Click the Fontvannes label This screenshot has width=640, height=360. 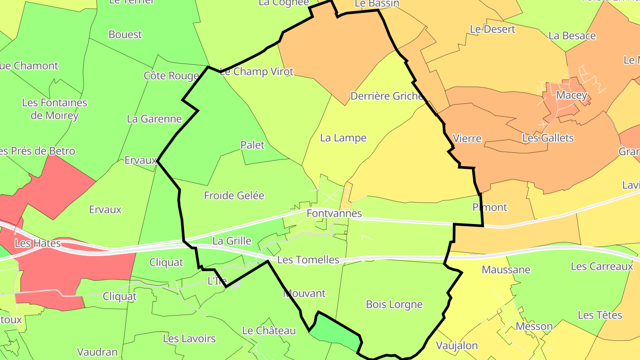click(x=334, y=213)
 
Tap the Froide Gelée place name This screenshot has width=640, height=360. click(x=234, y=196)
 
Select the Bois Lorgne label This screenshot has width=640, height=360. click(x=394, y=304)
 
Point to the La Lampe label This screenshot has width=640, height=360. click(x=343, y=138)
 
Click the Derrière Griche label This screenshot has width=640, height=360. click(x=386, y=96)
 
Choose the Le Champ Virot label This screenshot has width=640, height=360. click(x=257, y=72)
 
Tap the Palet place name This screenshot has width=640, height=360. click(x=252, y=145)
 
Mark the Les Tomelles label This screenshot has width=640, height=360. click(x=308, y=260)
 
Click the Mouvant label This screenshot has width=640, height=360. click(x=304, y=293)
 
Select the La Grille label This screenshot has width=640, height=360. click(x=232, y=241)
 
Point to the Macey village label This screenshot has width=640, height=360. click(x=572, y=95)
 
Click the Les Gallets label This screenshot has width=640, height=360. click(x=548, y=138)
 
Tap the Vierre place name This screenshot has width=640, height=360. click(x=467, y=138)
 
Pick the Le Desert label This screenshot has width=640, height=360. click(x=492, y=29)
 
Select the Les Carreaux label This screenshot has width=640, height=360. click(x=602, y=266)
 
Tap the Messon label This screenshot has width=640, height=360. click(x=534, y=326)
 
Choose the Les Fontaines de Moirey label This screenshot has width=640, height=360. click(x=55, y=109)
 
